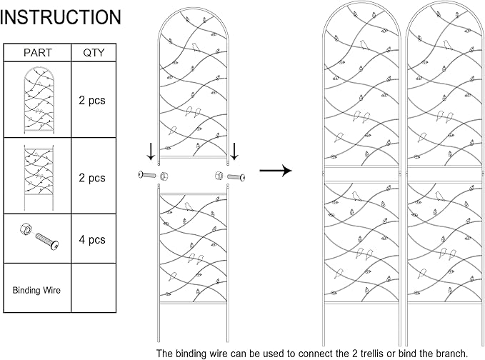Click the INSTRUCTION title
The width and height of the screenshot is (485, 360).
point(60,17)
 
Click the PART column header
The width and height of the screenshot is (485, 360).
point(37,53)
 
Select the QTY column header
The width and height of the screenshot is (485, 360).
point(94,53)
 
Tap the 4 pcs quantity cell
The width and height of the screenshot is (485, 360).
point(92,239)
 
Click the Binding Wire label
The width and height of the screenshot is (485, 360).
point(36,290)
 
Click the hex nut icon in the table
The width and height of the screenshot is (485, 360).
point(26,229)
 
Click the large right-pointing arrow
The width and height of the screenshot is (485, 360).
point(276,170)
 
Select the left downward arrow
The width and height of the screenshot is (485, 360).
point(151,151)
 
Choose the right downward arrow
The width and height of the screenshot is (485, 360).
point(234,151)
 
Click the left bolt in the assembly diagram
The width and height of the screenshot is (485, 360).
point(147,175)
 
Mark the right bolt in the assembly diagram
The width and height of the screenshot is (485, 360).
point(236,177)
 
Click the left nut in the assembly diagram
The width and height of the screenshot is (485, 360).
point(164,176)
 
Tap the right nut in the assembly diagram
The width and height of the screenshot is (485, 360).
point(219,176)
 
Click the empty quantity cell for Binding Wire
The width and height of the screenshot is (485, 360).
point(94,288)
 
